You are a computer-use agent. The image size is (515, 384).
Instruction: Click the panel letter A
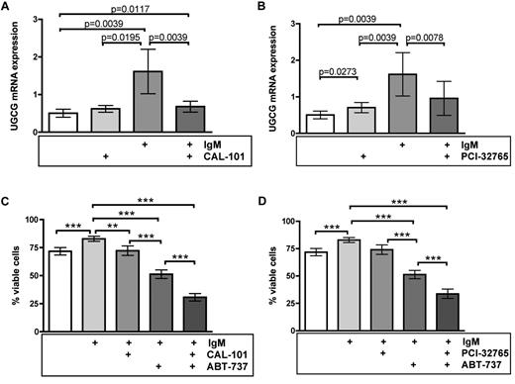point(8,9)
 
